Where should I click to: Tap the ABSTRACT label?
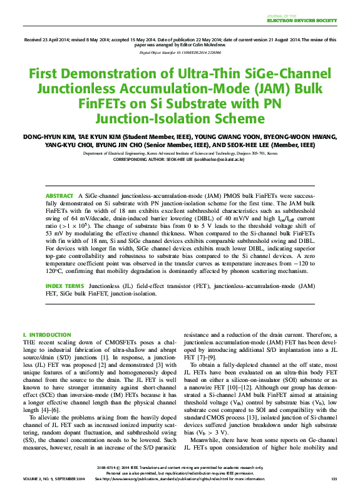(x=59, y=197)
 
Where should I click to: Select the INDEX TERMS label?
(x=64, y=286)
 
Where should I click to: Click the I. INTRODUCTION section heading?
(x=47, y=335)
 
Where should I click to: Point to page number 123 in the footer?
(x=334, y=478)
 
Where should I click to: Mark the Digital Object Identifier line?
(x=180, y=54)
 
